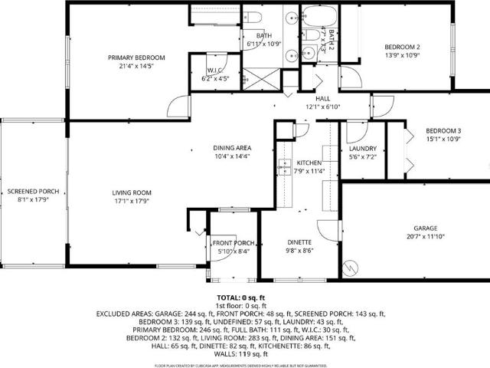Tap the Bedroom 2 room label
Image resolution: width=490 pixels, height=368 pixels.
(401, 48)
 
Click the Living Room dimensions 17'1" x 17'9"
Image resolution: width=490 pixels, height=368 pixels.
(132, 202)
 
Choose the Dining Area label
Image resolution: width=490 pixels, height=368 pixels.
(233, 148)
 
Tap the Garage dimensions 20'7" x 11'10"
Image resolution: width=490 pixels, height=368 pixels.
(425, 237)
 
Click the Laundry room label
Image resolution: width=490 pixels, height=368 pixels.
(361, 148)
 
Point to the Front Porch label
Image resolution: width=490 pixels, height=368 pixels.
(233, 242)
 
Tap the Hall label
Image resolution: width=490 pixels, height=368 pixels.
(322, 98)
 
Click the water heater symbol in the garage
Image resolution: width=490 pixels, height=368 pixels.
(351, 268)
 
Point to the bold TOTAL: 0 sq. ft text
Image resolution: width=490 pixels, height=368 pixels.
(240, 297)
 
